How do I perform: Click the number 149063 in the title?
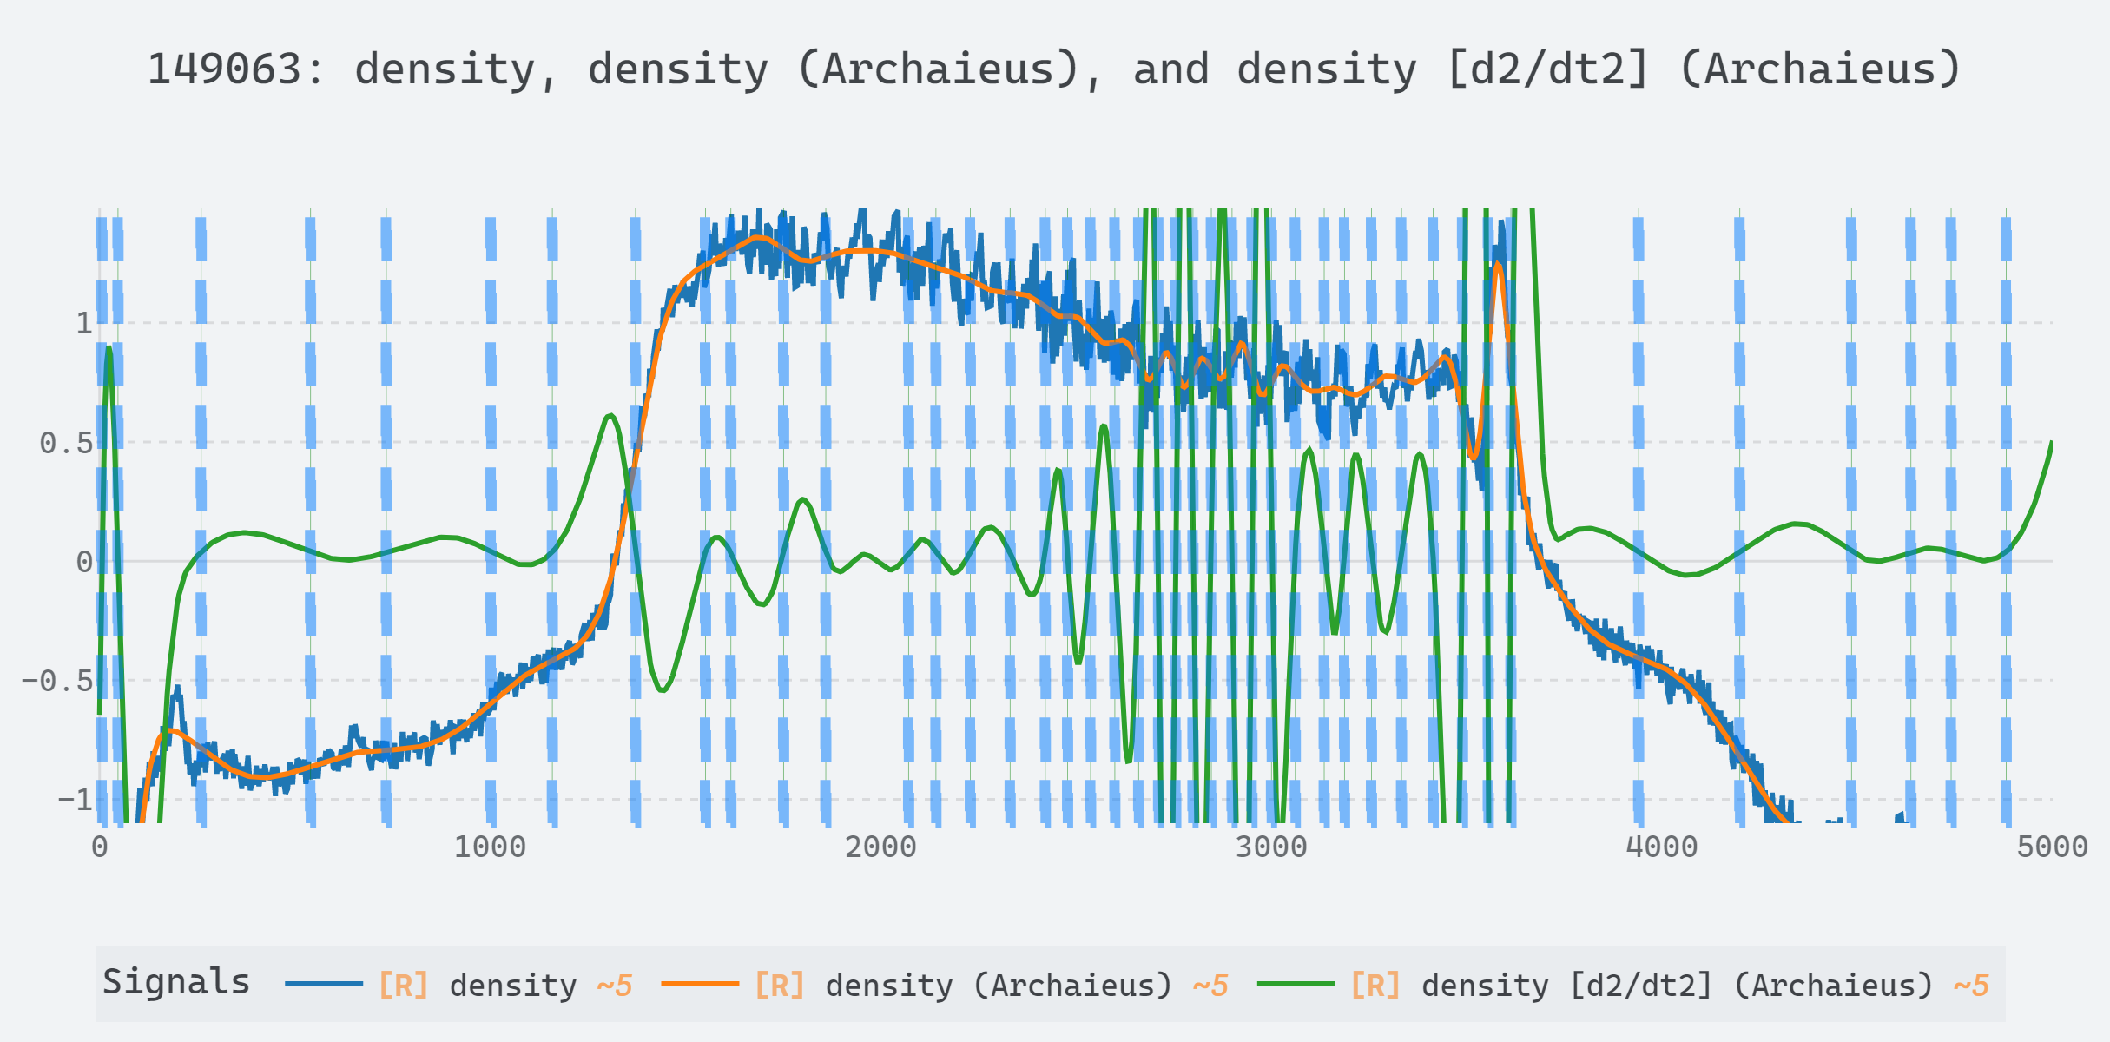pyautogui.click(x=224, y=69)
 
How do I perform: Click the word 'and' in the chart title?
pyautogui.click(x=1170, y=69)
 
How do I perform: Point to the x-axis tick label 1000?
pyautogui.click(x=490, y=847)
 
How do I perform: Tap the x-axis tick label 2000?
pyautogui.click(x=880, y=847)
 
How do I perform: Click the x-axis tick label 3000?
pyautogui.click(x=1271, y=847)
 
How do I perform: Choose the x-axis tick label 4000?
pyautogui.click(x=1661, y=847)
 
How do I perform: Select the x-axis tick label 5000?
pyautogui.click(x=2052, y=847)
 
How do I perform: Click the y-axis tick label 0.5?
pyautogui.click(x=66, y=443)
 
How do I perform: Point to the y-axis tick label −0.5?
pyautogui.click(x=57, y=681)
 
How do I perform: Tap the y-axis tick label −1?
pyautogui.click(x=75, y=800)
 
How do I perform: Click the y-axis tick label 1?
pyautogui.click(x=83, y=324)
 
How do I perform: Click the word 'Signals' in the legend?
pyautogui.click(x=176, y=982)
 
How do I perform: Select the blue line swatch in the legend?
pyautogui.click(x=323, y=984)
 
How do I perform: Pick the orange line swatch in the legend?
pyautogui.click(x=699, y=984)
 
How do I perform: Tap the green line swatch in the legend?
pyautogui.click(x=1295, y=984)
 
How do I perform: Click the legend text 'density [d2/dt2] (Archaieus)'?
pyautogui.click(x=1678, y=986)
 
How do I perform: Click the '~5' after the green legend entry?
pyautogui.click(x=1970, y=986)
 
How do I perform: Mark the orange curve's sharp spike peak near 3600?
pyautogui.click(x=1498, y=264)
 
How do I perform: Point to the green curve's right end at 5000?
pyautogui.click(x=2051, y=444)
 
